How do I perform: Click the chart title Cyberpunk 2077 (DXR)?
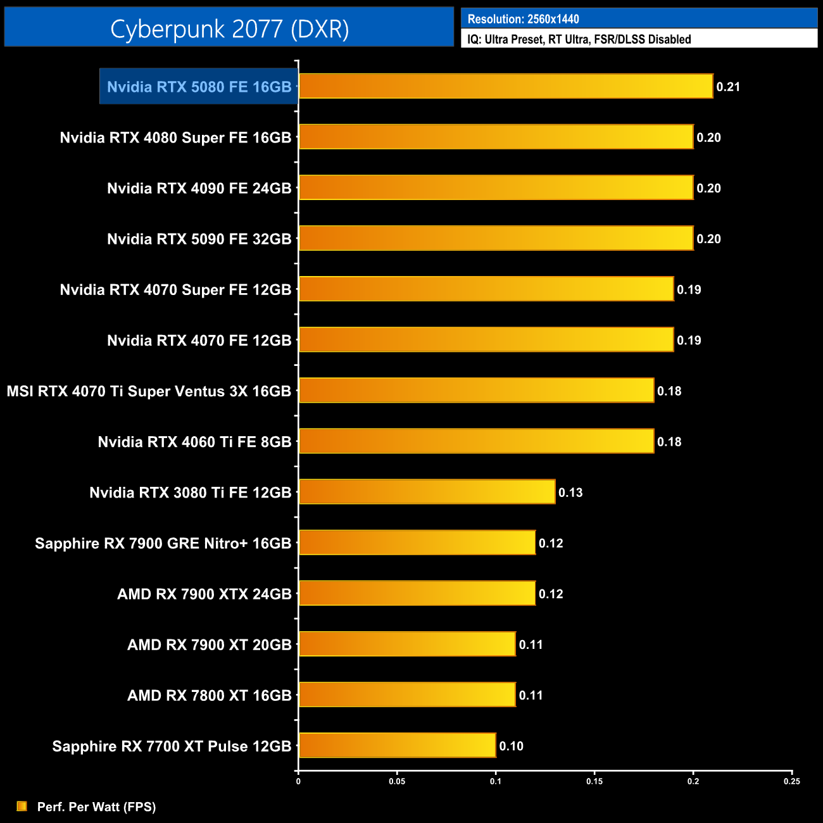pyautogui.click(x=229, y=28)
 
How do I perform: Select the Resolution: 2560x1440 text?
pyautogui.click(x=523, y=19)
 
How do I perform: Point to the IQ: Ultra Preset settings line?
pyautogui.click(x=579, y=39)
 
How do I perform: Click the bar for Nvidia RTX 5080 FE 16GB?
pyautogui.click(x=505, y=86)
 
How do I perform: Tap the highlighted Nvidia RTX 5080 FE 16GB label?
pyautogui.click(x=199, y=87)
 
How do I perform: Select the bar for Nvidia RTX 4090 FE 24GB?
pyautogui.click(x=496, y=187)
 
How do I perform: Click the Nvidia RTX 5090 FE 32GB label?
pyautogui.click(x=199, y=239)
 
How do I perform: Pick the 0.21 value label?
pyautogui.click(x=728, y=87)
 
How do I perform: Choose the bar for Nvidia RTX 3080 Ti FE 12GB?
pyautogui.click(x=427, y=492)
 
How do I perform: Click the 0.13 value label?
pyautogui.click(x=570, y=493)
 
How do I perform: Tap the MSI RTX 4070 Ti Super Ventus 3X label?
pyautogui.click(x=149, y=391)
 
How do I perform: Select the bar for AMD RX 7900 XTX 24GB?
pyautogui.click(x=417, y=593)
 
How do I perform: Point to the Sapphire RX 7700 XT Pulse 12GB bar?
pyautogui.click(x=397, y=745)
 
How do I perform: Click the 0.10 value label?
pyautogui.click(x=511, y=746)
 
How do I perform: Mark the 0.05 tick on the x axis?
pyautogui.click(x=397, y=781)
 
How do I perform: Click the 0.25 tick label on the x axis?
pyautogui.click(x=791, y=781)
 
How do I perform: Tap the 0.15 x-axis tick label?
pyautogui.click(x=594, y=781)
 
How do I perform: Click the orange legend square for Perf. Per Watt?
pyautogui.click(x=22, y=806)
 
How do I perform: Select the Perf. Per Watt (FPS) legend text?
pyautogui.click(x=96, y=807)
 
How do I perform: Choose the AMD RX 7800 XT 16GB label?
pyautogui.click(x=209, y=695)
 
